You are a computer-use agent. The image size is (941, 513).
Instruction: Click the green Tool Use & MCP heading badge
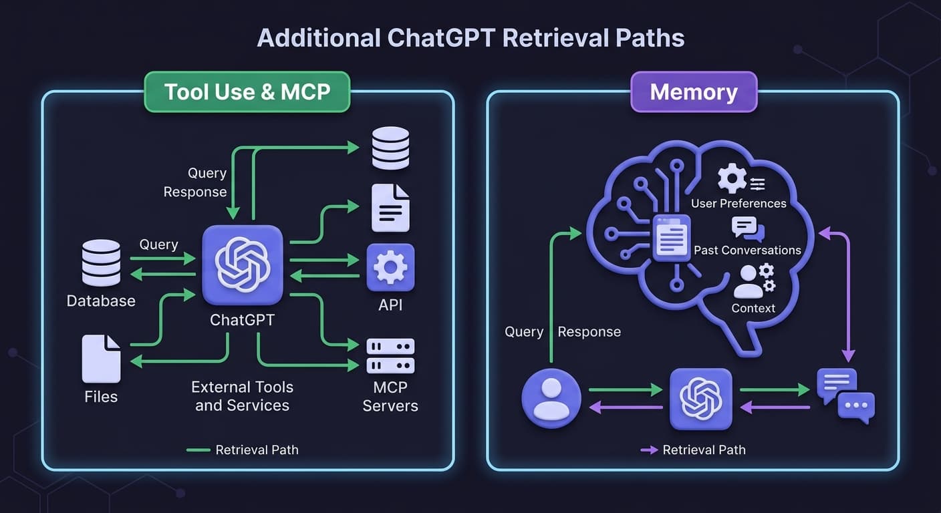247,92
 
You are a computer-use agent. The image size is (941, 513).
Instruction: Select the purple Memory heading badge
694,92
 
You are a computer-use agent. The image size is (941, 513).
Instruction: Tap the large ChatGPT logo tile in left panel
243,265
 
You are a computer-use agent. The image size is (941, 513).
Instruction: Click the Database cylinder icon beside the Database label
101,263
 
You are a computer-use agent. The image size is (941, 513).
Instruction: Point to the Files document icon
101,359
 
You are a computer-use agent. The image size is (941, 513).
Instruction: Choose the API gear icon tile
390,267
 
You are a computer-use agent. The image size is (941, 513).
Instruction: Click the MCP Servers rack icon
390,356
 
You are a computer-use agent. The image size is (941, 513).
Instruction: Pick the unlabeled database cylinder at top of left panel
390,148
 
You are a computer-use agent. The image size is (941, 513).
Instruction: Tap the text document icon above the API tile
390,208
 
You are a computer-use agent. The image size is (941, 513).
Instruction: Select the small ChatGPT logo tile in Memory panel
700,399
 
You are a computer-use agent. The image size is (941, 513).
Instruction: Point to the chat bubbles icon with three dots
846,396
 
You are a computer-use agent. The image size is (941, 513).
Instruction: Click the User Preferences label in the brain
738,203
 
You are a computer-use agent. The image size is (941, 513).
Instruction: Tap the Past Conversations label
747,250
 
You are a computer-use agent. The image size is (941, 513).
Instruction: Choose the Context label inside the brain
753,308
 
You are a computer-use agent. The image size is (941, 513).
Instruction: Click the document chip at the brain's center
671,238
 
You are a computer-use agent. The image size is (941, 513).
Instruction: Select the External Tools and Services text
242,396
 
